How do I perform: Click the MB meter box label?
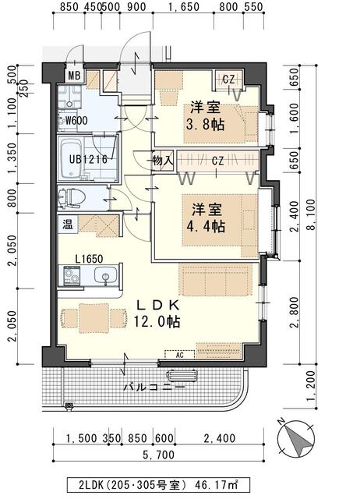(x=74, y=76)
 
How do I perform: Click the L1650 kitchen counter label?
(x=89, y=257)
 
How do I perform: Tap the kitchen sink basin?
(x=105, y=275)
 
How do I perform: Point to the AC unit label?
(x=179, y=354)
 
